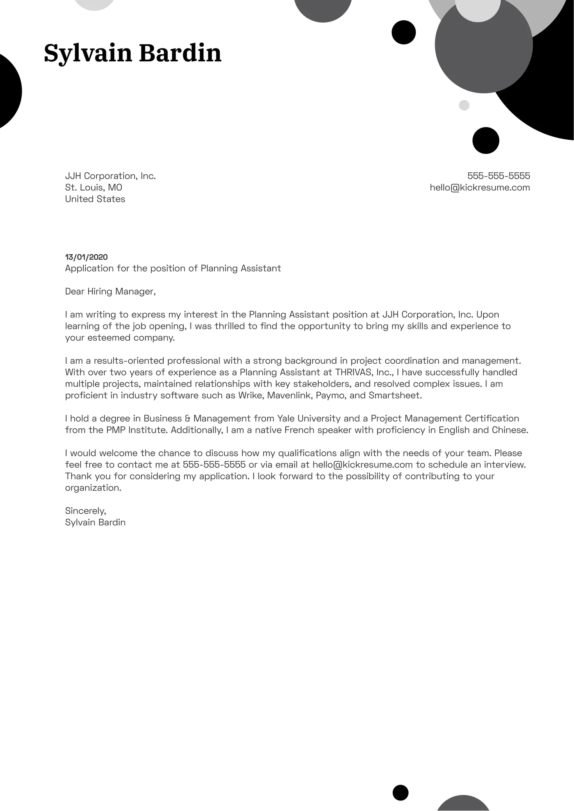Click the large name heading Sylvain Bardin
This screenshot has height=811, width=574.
click(133, 53)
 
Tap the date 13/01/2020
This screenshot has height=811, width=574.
click(86, 257)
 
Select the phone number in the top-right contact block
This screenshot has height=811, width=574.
click(499, 176)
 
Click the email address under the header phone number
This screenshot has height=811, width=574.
click(480, 188)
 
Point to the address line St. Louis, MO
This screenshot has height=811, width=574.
click(93, 188)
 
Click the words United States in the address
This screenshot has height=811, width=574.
click(95, 199)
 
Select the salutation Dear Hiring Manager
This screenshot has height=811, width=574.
click(110, 291)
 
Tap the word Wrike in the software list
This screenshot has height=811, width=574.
click(250, 395)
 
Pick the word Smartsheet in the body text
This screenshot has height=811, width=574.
click(395, 395)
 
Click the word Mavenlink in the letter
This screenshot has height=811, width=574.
click(291, 395)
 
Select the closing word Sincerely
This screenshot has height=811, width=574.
click(85, 511)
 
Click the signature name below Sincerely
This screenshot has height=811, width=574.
click(95, 523)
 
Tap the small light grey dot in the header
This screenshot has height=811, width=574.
click(464, 105)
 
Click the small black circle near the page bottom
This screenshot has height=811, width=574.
click(400, 793)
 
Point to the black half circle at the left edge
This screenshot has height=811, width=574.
click(9, 91)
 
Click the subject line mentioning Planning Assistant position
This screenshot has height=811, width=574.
click(173, 268)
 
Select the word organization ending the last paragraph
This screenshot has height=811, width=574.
click(93, 488)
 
